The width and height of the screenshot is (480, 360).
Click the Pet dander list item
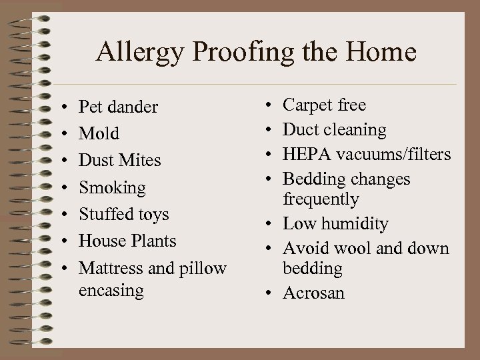pyautogui.click(x=118, y=107)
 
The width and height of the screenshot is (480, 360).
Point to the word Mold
pyautogui.click(x=99, y=134)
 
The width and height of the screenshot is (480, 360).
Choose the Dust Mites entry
pyautogui.click(x=119, y=161)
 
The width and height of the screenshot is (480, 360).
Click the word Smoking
pyautogui.click(x=112, y=188)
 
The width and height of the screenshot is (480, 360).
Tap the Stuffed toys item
pyautogui.click(x=123, y=215)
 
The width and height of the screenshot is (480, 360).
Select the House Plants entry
pyautogui.click(x=127, y=241)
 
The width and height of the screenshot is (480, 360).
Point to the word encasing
pyautogui.click(x=111, y=290)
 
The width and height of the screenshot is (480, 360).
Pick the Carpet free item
pyautogui.click(x=324, y=105)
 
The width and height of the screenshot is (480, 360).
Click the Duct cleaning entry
pyautogui.click(x=334, y=129)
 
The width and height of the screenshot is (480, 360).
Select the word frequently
pyautogui.click(x=321, y=199)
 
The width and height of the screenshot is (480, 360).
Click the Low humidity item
pyautogui.click(x=335, y=224)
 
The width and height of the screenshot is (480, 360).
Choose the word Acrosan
pyautogui.click(x=313, y=293)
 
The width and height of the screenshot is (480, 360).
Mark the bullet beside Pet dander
pyautogui.click(x=61, y=107)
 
